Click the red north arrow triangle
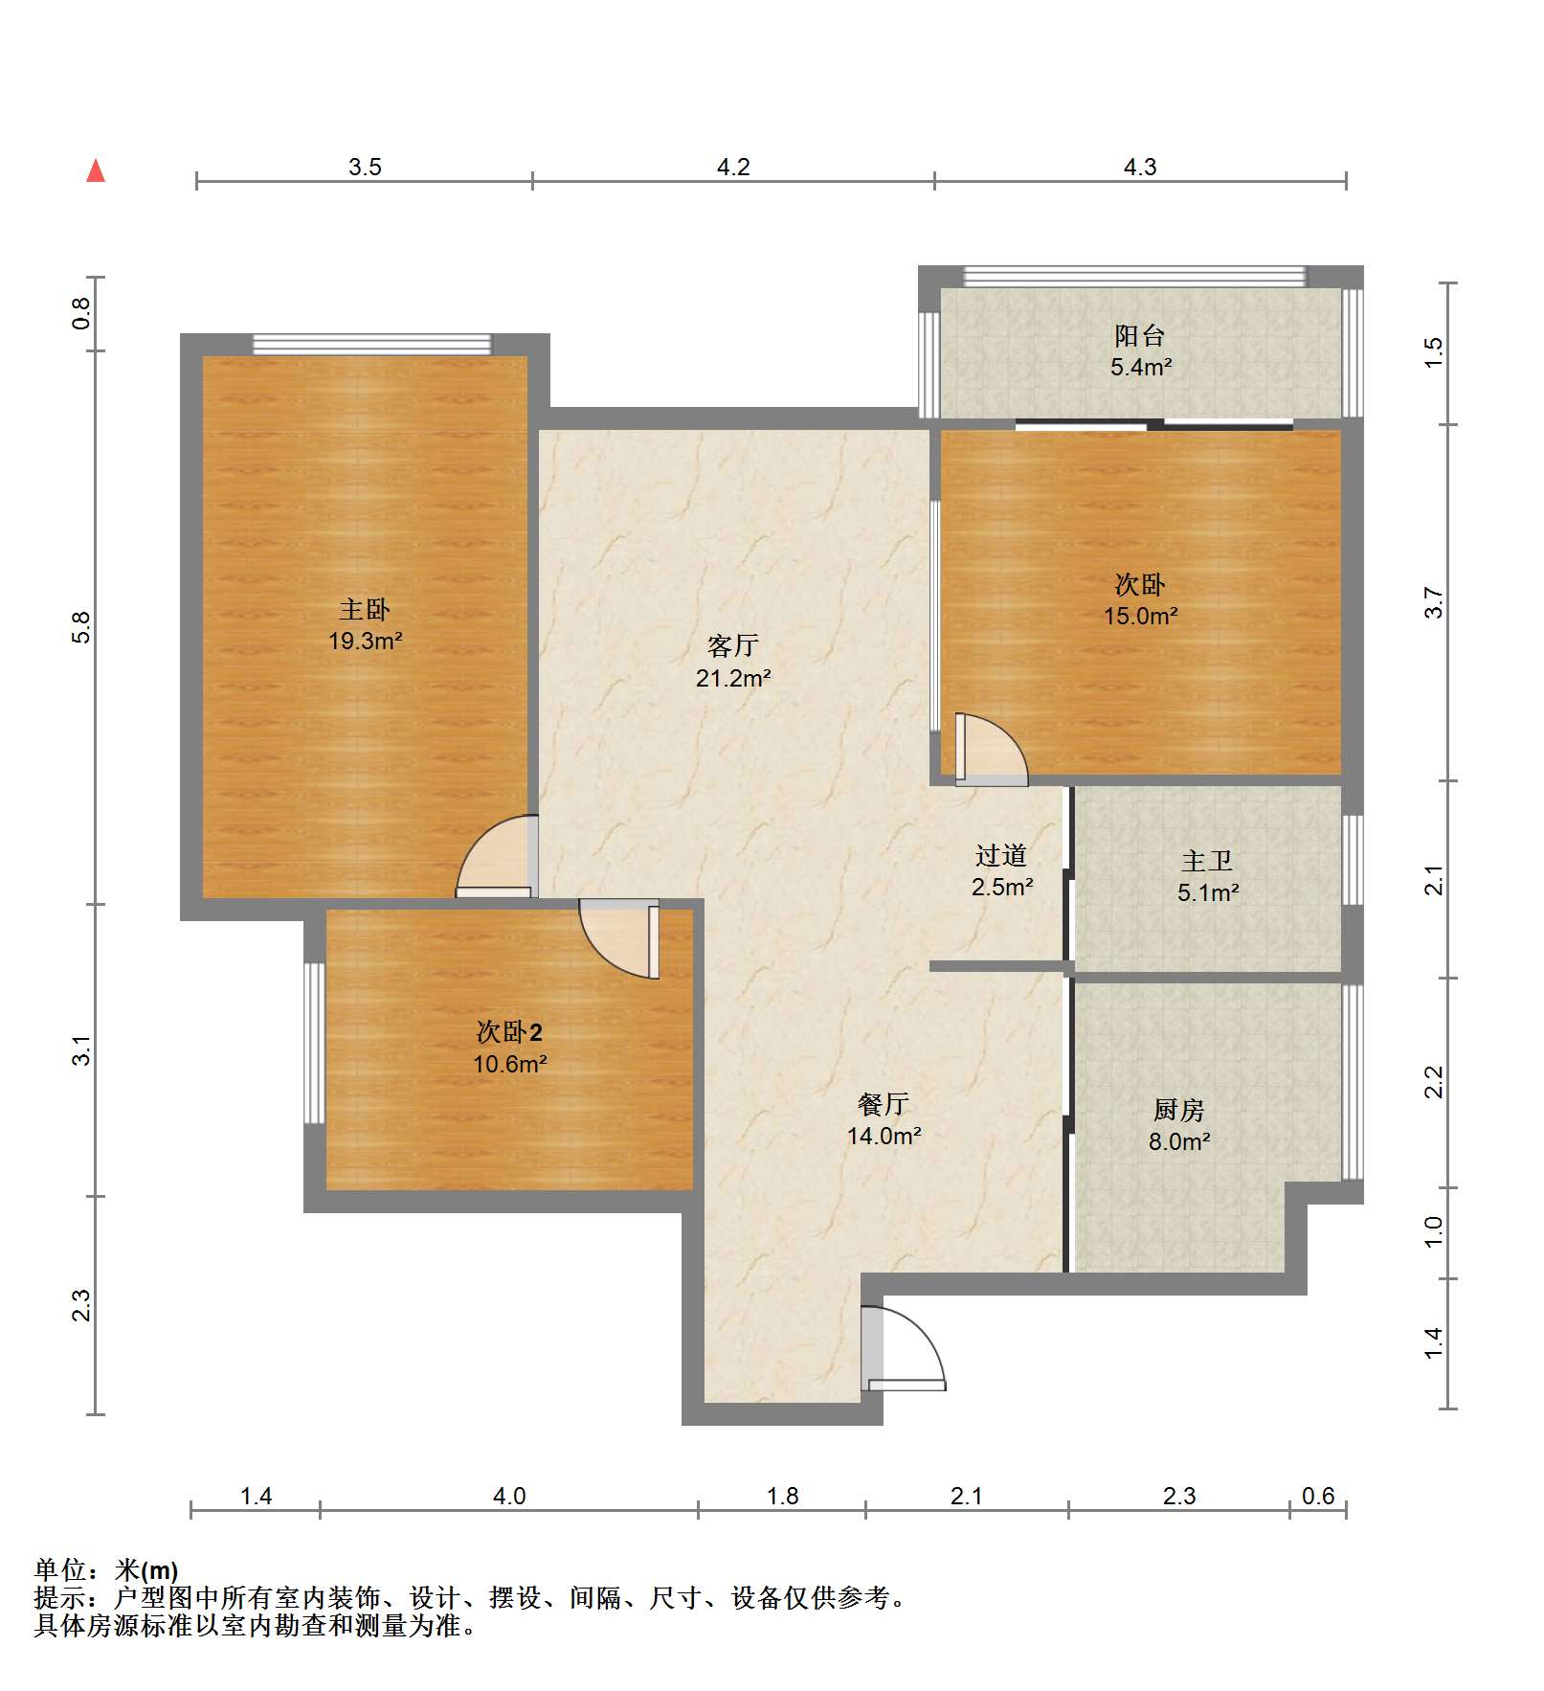(x=96, y=171)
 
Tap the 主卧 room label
(x=365, y=609)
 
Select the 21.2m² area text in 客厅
(x=733, y=678)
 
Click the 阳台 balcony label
(x=1139, y=336)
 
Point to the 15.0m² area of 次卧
(x=1140, y=616)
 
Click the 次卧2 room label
(x=509, y=1032)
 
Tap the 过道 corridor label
(x=1001, y=855)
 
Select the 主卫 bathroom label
(x=1207, y=861)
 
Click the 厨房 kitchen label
(x=1178, y=1110)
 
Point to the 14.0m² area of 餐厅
(x=884, y=1136)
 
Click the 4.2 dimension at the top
(x=733, y=167)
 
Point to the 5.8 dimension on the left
(x=81, y=627)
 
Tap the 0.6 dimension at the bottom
(x=1318, y=1497)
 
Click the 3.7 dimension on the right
(x=1433, y=602)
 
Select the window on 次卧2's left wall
(x=314, y=1043)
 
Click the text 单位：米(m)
(x=106, y=1570)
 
